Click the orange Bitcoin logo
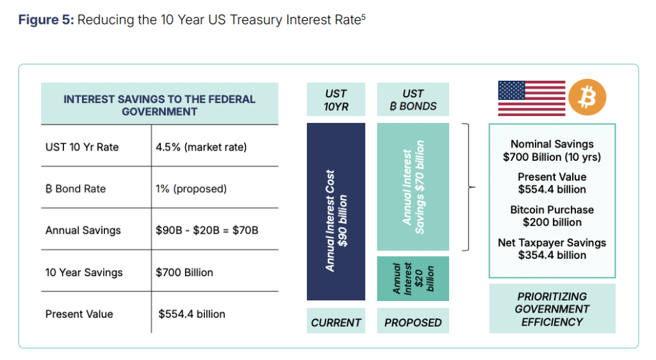587,98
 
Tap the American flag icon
531,98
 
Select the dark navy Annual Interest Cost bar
336,211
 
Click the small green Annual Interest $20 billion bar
413,279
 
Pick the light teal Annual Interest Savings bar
413,186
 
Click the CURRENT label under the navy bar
336,323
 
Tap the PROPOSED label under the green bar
413,323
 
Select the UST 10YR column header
336,100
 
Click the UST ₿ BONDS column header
413,100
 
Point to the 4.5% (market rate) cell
201,147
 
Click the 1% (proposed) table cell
191,189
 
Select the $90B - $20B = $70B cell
207,230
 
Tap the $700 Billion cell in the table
184,272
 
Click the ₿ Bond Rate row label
76,189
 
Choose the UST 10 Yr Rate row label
82,147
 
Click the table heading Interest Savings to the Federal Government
159,105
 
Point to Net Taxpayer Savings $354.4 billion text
552,249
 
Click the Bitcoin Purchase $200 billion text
552,216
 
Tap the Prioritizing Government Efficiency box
552,309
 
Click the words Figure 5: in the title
45,20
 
